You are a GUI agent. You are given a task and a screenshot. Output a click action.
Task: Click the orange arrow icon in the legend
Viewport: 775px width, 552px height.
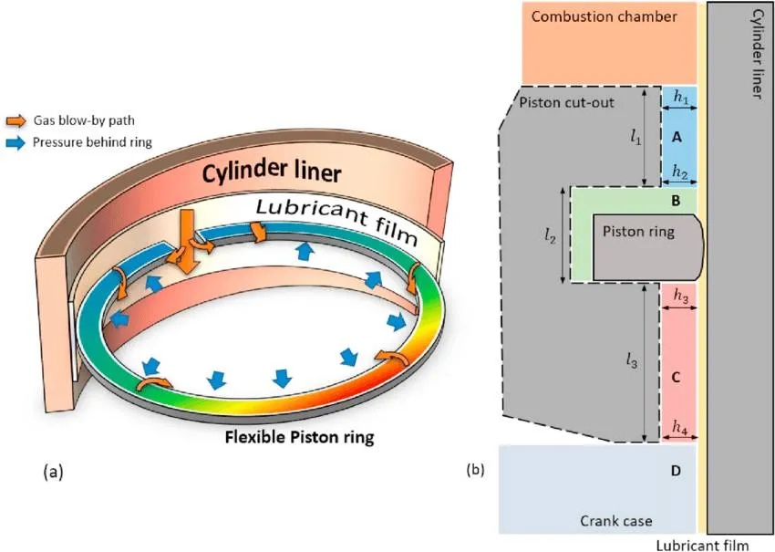pyautogui.click(x=16, y=120)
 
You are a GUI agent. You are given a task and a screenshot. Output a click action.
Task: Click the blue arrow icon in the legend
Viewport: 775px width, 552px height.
pyautogui.click(x=16, y=141)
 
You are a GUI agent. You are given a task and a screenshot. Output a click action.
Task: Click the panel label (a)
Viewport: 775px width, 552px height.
pyautogui.click(x=52, y=472)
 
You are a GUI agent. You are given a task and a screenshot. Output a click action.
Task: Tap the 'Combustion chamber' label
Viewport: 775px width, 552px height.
pyautogui.click(x=604, y=16)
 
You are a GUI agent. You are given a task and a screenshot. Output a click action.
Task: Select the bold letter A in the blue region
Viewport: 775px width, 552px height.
pyautogui.click(x=677, y=136)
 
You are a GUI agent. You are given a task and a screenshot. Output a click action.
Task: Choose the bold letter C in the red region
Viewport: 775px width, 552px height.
pyautogui.click(x=676, y=376)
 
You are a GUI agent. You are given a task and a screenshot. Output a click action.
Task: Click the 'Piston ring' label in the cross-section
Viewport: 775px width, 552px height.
pyautogui.click(x=638, y=233)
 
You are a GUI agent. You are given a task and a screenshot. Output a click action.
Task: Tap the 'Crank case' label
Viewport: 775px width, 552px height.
pyautogui.click(x=615, y=521)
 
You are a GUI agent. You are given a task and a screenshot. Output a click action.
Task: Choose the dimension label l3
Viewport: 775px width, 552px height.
pyautogui.click(x=633, y=363)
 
